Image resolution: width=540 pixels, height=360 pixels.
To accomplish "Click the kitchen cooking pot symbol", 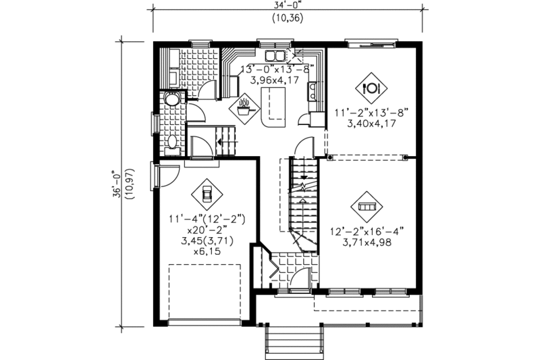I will coord(244,107).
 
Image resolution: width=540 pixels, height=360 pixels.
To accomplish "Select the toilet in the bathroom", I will coord(171,143).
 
